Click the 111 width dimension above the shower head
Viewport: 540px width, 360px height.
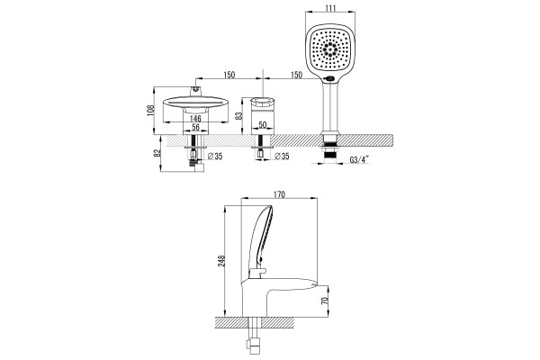pyautogui.click(x=330, y=7)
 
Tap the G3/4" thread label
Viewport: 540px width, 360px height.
pyautogui.click(x=359, y=160)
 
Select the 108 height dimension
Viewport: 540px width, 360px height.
pyautogui.click(x=150, y=110)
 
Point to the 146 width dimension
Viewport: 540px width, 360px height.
pyautogui.click(x=195, y=118)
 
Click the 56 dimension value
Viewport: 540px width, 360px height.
pyautogui.click(x=195, y=127)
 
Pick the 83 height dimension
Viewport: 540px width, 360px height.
pyautogui.click(x=238, y=115)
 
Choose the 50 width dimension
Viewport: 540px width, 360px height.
pyautogui.click(x=263, y=125)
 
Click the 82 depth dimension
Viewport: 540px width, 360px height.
pyautogui.click(x=157, y=153)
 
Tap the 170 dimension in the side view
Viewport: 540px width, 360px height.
pyautogui.click(x=279, y=194)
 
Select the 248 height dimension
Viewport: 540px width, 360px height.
pyautogui.click(x=220, y=261)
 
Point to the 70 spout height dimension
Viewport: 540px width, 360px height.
pyautogui.click(x=324, y=301)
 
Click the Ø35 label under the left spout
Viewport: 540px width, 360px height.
pyautogui.click(x=215, y=157)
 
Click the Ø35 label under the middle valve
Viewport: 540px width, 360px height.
pyautogui.click(x=282, y=157)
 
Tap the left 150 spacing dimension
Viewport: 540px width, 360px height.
pyautogui.click(x=229, y=75)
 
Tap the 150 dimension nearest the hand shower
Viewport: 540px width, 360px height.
pyautogui.click(x=296, y=75)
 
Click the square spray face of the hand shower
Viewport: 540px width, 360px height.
pyautogui.click(x=330, y=49)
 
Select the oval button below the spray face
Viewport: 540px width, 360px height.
pyautogui.click(x=330, y=78)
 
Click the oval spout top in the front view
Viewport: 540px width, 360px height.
pyautogui.click(x=195, y=103)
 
